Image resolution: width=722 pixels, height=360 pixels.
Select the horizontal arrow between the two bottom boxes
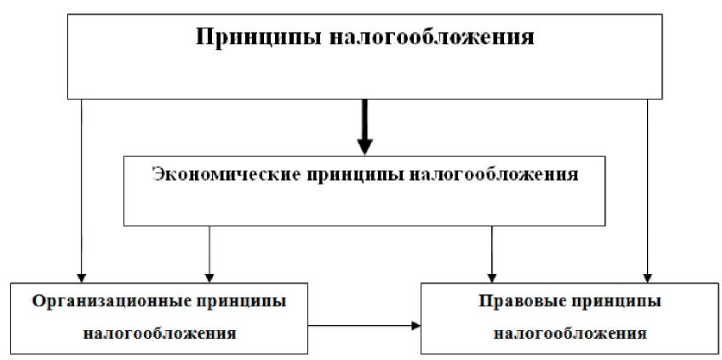click(363, 325)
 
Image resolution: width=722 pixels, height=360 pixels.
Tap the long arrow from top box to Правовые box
click(648, 187)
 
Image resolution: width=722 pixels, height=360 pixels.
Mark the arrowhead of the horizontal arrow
click(416, 325)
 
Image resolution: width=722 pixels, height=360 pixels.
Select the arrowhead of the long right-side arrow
click(648, 276)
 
